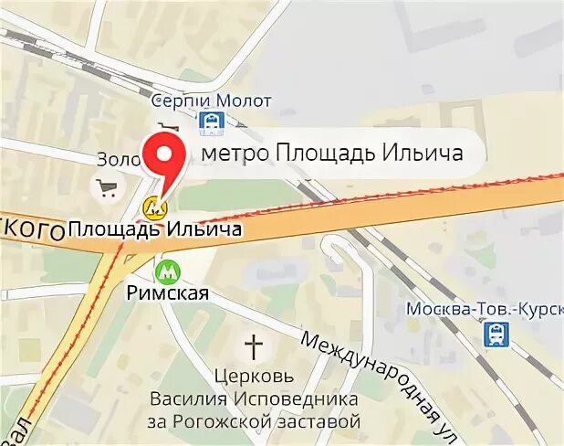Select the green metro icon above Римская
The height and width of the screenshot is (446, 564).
(x=164, y=271)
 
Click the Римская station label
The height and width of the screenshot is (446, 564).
(x=167, y=293)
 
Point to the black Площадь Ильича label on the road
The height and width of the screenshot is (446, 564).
(x=155, y=228)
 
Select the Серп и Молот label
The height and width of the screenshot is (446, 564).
(x=211, y=101)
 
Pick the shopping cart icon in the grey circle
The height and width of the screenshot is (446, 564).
(x=108, y=189)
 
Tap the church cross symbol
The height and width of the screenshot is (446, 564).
(x=253, y=347)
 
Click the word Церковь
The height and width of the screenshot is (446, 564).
(x=254, y=376)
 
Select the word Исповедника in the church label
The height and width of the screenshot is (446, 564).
(x=282, y=398)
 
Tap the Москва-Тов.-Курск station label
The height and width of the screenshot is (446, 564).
(x=485, y=308)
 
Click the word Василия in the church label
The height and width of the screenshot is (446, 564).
(x=188, y=398)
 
